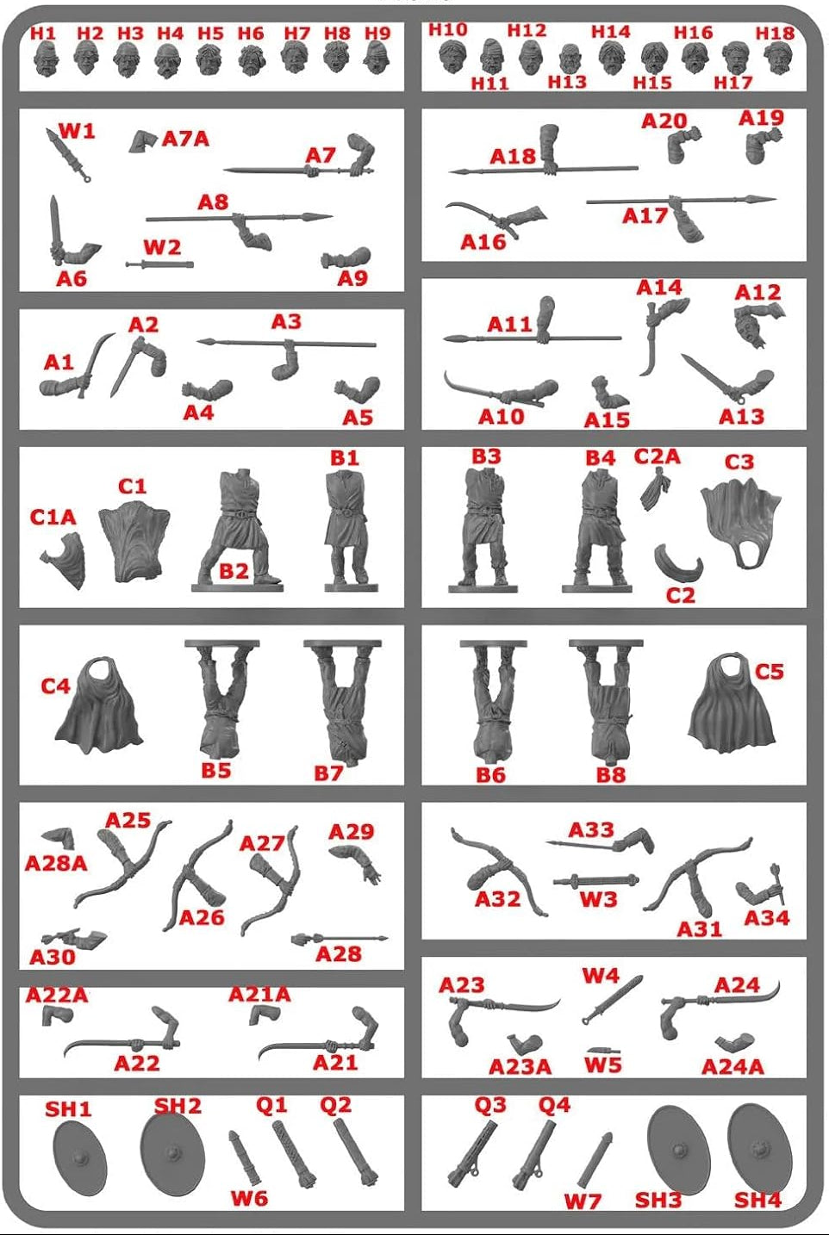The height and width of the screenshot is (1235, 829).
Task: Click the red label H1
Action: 43,33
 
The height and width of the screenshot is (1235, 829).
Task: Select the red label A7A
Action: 186,139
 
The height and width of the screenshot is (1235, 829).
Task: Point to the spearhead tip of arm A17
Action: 775,199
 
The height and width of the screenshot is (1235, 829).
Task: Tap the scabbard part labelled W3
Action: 596,879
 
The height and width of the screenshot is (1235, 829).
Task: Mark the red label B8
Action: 611,775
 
